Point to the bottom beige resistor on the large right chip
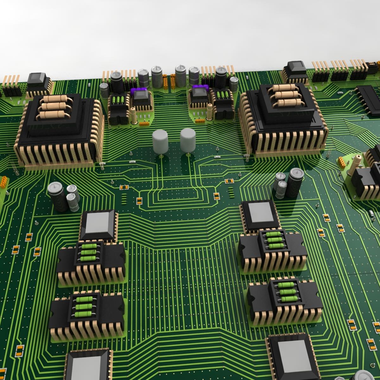(288, 103)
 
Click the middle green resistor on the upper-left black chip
(89, 252)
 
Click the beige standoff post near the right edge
(357, 163)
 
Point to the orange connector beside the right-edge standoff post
(342, 163)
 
